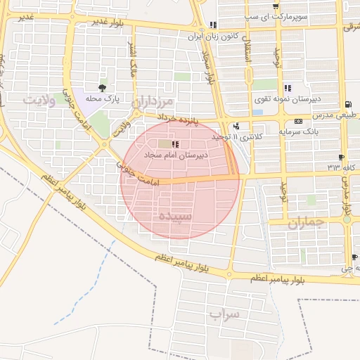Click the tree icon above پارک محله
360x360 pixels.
(x=103, y=89)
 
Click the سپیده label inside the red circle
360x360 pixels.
(x=175, y=216)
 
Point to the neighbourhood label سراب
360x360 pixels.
(x=224, y=314)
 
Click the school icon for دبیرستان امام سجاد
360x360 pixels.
(x=175, y=144)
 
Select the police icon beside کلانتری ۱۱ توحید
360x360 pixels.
(x=235, y=127)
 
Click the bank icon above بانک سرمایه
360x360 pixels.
(x=299, y=122)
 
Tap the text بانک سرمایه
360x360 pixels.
(x=299, y=131)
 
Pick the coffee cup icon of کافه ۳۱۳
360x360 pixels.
(x=341, y=157)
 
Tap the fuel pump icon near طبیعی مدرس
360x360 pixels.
(x=344, y=103)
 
